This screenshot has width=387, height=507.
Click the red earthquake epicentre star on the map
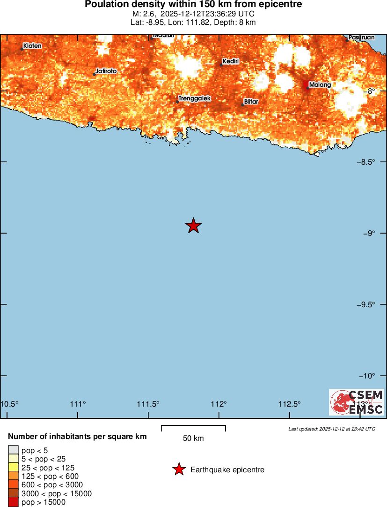193,226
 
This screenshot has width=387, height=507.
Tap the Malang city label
320,85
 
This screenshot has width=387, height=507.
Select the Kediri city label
231,61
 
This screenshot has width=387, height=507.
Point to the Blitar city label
251,101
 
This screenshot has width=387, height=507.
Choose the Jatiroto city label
106,71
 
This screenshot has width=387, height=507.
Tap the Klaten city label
32,45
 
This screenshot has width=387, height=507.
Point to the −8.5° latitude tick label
367,162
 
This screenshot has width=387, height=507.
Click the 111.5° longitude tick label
148,404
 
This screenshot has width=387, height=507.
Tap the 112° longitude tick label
219,404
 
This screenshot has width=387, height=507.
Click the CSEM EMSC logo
357,402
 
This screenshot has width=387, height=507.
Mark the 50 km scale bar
193,428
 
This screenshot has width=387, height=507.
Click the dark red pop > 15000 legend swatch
13,502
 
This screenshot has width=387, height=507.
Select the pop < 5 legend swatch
13,451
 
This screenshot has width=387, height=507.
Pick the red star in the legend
178,469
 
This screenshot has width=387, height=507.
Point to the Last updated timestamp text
331,429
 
